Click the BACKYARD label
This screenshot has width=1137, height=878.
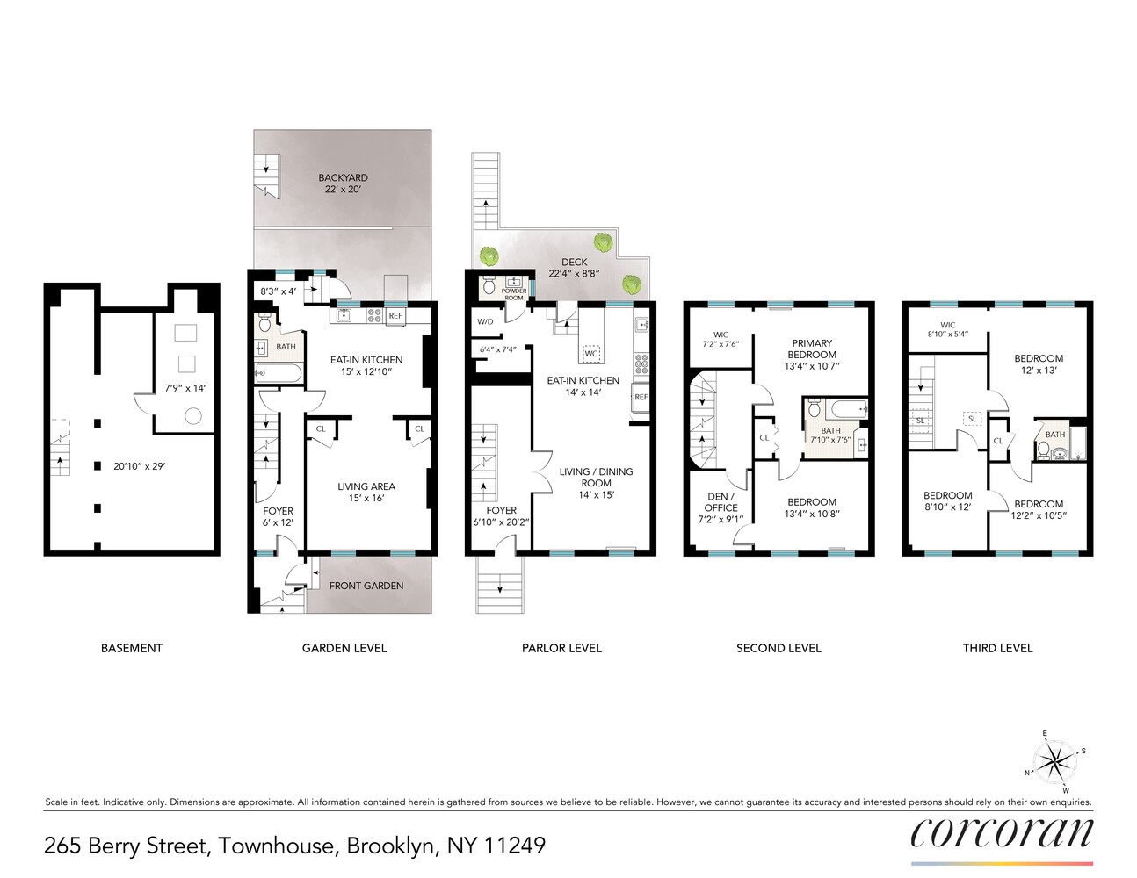tap(343, 177)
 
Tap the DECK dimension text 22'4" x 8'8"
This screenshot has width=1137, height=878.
tap(574, 274)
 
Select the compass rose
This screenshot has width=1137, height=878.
tap(1054, 760)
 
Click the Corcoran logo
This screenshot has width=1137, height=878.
tap(1002, 833)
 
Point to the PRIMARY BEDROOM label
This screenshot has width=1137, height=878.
tap(812, 349)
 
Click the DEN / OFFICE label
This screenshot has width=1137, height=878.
tap(721, 502)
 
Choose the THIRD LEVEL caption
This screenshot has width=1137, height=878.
tap(997, 648)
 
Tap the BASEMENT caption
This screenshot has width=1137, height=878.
tap(132, 648)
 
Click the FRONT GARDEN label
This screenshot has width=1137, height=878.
tap(366, 586)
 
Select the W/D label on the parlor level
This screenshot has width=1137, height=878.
tap(485, 321)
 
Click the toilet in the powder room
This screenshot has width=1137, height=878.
tap(489, 285)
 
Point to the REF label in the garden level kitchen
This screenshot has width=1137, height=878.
tap(395, 316)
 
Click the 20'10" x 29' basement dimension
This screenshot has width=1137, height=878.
tap(139, 466)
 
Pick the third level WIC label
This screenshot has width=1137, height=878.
tap(947, 325)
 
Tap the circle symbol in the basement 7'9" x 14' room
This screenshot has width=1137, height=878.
tap(193, 416)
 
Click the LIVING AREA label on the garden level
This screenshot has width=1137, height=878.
tap(366, 486)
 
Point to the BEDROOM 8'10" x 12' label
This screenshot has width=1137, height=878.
tap(947, 496)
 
